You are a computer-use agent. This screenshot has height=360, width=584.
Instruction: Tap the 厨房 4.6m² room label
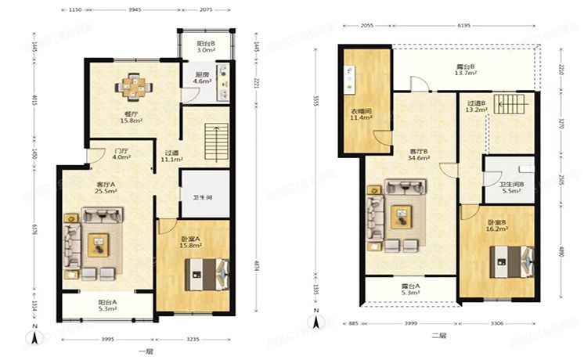pos(202,78)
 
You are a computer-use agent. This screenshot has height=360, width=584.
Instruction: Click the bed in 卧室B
pos(510,261)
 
